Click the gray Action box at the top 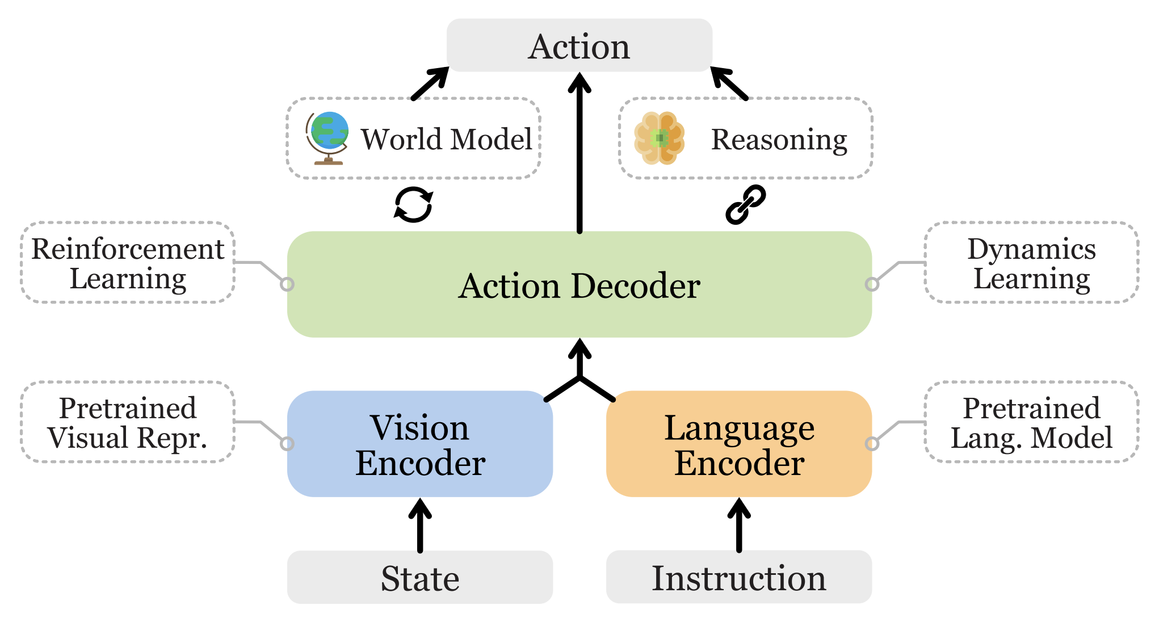coord(579,46)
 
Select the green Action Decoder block coord(579,284)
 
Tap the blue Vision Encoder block coord(420,444)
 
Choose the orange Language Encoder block coord(739,444)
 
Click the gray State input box coord(420,578)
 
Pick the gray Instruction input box coord(739,577)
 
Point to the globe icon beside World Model coord(327,138)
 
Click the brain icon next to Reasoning coord(659,138)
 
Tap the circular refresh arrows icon coord(413,204)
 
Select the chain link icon coord(746,204)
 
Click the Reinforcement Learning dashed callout coord(128,263)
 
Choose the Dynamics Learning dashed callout coord(1031,263)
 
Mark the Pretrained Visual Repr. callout coord(128,422)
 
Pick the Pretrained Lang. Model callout coord(1031,422)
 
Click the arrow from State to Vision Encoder coord(420,525)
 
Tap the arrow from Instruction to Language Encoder coord(739,525)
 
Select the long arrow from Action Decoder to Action coord(579,153)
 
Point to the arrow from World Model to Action coord(430,83)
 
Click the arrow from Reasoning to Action coord(729,83)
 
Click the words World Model coord(447,140)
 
